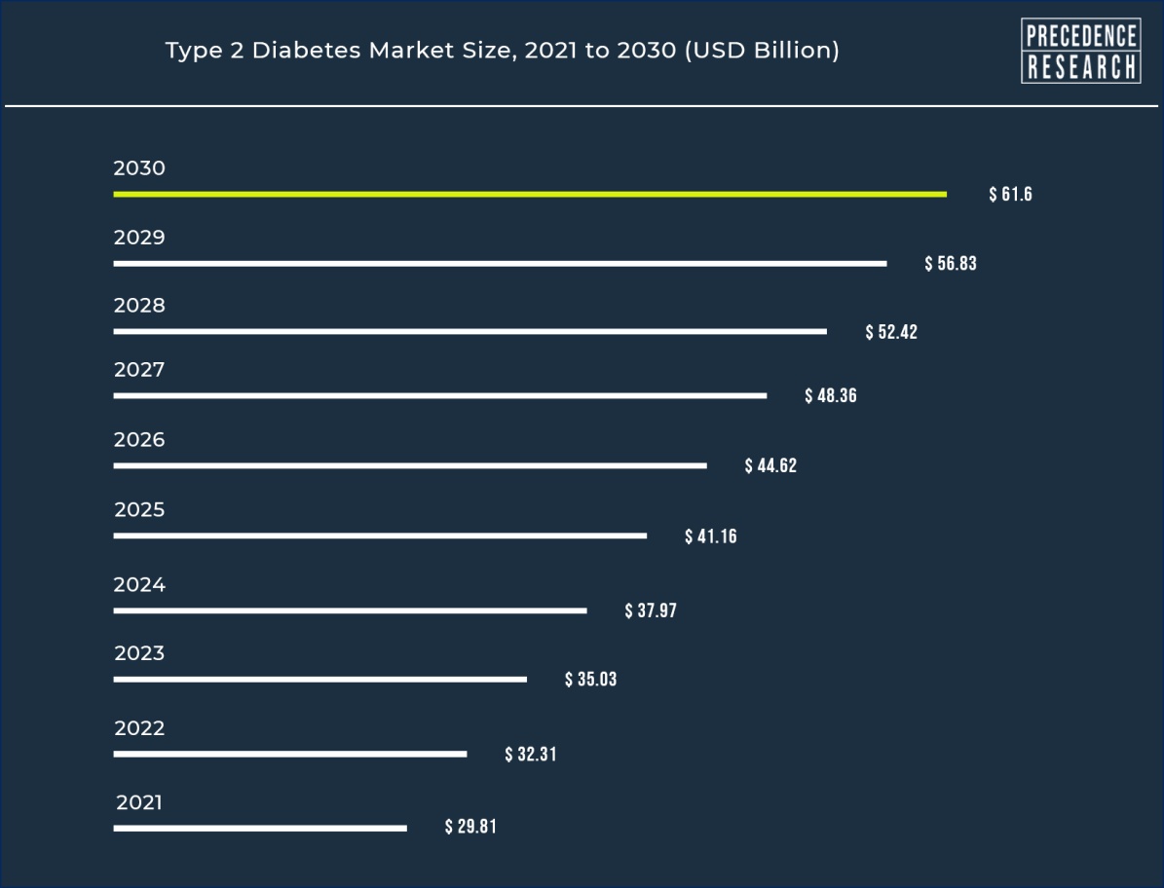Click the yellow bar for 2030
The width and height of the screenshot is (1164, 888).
coord(529,195)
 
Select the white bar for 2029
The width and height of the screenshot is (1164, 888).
coord(500,264)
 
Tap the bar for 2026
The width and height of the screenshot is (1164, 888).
coord(410,465)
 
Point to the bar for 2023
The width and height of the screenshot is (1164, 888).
coord(319,679)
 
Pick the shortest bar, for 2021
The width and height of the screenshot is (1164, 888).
coord(259,829)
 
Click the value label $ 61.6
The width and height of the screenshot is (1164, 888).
coord(1010,195)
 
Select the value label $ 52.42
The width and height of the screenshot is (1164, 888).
coord(891,332)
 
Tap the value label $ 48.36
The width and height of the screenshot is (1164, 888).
coord(831,396)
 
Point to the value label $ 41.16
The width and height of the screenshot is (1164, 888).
coord(711,536)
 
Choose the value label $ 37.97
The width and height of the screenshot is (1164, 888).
coord(651,611)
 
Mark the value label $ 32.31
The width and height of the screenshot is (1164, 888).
coord(531,755)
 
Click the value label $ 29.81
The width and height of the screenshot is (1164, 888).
coord(470,828)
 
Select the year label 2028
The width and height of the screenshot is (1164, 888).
coord(139,306)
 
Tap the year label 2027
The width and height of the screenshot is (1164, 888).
coord(139,370)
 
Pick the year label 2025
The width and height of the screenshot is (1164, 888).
coord(139,510)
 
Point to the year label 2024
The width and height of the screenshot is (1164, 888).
coord(139,585)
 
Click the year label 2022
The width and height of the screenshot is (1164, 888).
coord(139,728)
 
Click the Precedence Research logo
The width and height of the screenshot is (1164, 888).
coord(1080,51)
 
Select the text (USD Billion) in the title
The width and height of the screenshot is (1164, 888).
coord(762,51)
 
